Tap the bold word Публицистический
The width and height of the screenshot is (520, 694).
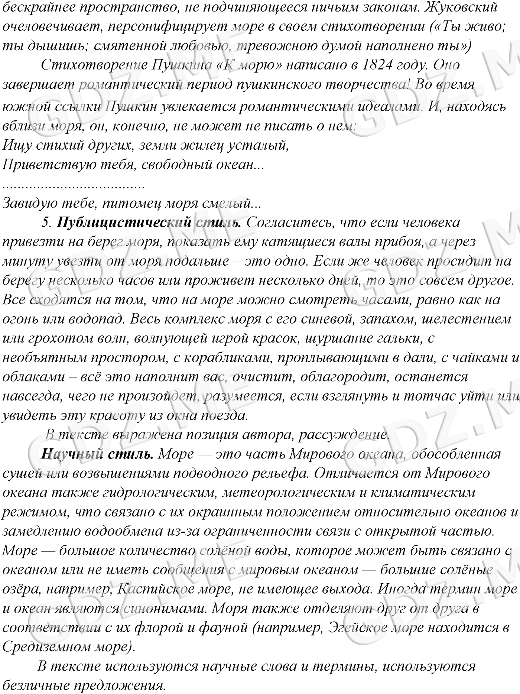coord(124,222)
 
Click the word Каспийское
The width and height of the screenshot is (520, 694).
coord(156,589)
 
